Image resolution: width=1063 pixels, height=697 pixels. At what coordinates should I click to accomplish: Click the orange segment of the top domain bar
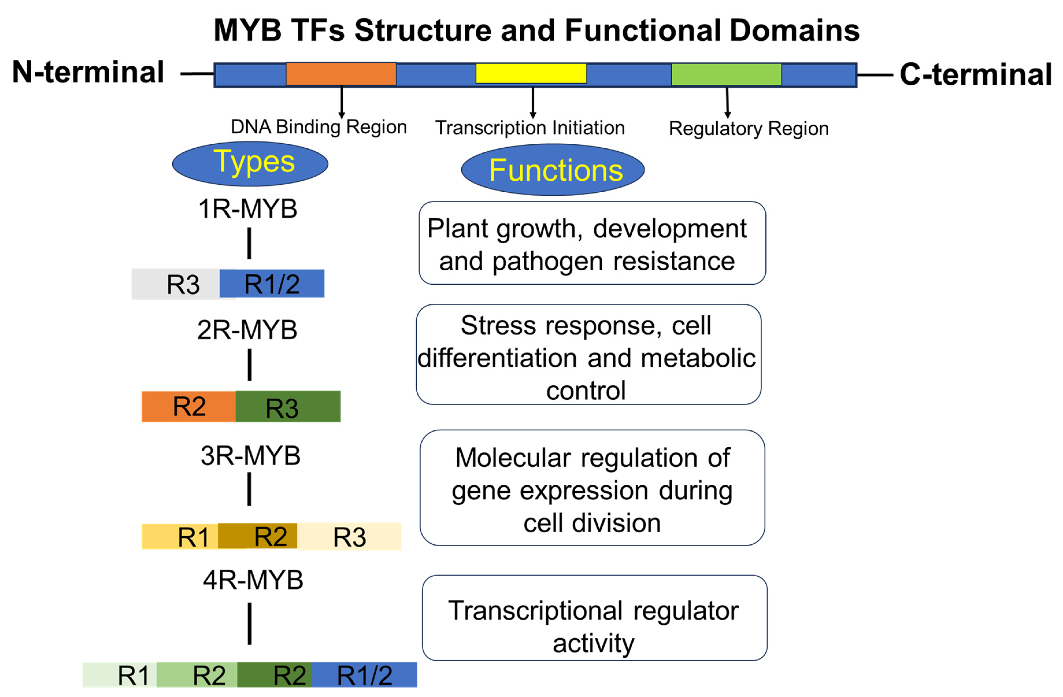[x=341, y=74]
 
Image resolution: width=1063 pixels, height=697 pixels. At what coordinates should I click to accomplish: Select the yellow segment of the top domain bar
[x=531, y=73]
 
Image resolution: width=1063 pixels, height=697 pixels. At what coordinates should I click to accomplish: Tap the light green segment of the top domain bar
[x=726, y=74]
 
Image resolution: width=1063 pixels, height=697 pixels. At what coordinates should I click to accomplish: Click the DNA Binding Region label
[x=319, y=127]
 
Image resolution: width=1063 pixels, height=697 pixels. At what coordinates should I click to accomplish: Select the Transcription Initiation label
[x=530, y=128]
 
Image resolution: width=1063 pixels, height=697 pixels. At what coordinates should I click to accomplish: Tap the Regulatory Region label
[x=748, y=129]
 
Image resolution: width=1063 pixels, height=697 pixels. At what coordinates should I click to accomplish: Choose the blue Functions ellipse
[x=553, y=170]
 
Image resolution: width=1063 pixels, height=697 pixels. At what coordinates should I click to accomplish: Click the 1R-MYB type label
[x=248, y=209]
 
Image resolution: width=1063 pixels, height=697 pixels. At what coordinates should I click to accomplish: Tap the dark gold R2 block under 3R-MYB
[x=258, y=536]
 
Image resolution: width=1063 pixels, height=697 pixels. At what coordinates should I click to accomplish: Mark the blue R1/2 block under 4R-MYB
[x=365, y=675]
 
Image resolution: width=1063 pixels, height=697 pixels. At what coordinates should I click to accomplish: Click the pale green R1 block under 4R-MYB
[x=120, y=675]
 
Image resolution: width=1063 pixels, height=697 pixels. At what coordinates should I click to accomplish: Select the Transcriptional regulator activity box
[x=594, y=618]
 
